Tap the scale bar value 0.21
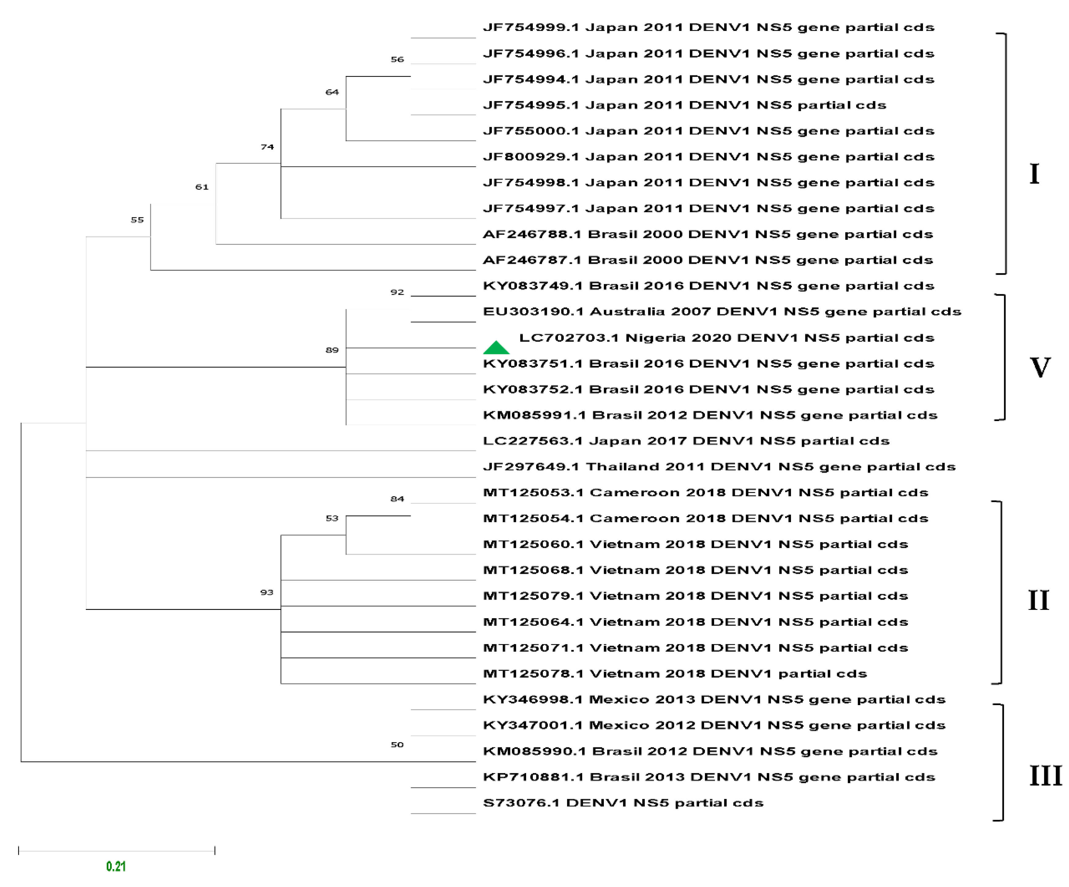(x=116, y=866)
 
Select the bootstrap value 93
(x=267, y=592)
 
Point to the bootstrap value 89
(x=332, y=350)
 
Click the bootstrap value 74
(x=267, y=147)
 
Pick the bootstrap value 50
(x=397, y=745)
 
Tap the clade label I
(x=1034, y=174)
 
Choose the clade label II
(x=1038, y=600)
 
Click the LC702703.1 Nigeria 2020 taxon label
(x=726, y=338)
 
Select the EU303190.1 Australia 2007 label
(x=722, y=311)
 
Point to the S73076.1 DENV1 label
(x=623, y=803)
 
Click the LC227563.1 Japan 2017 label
(x=686, y=441)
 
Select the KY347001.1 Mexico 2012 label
(x=714, y=725)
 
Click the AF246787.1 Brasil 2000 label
(x=708, y=260)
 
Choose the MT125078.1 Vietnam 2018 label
(x=675, y=674)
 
